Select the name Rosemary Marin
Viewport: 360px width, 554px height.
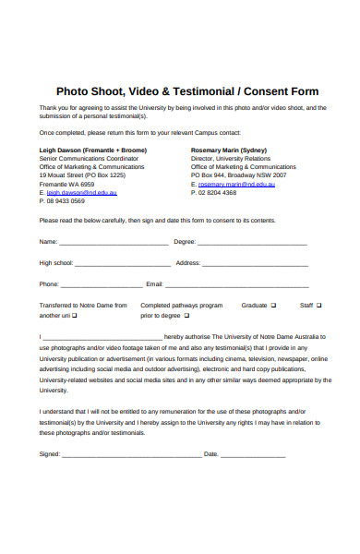click(x=217, y=149)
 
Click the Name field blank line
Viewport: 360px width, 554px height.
click(x=114, y=243)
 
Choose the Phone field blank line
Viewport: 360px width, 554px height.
click(x=102, y=285)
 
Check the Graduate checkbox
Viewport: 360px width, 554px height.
click(x=274, y=305)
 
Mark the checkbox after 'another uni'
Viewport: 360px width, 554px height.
click(x=75, y=315)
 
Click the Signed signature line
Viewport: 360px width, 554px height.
click(x=129, y=455)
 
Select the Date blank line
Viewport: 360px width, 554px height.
click(x=253, y=455)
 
